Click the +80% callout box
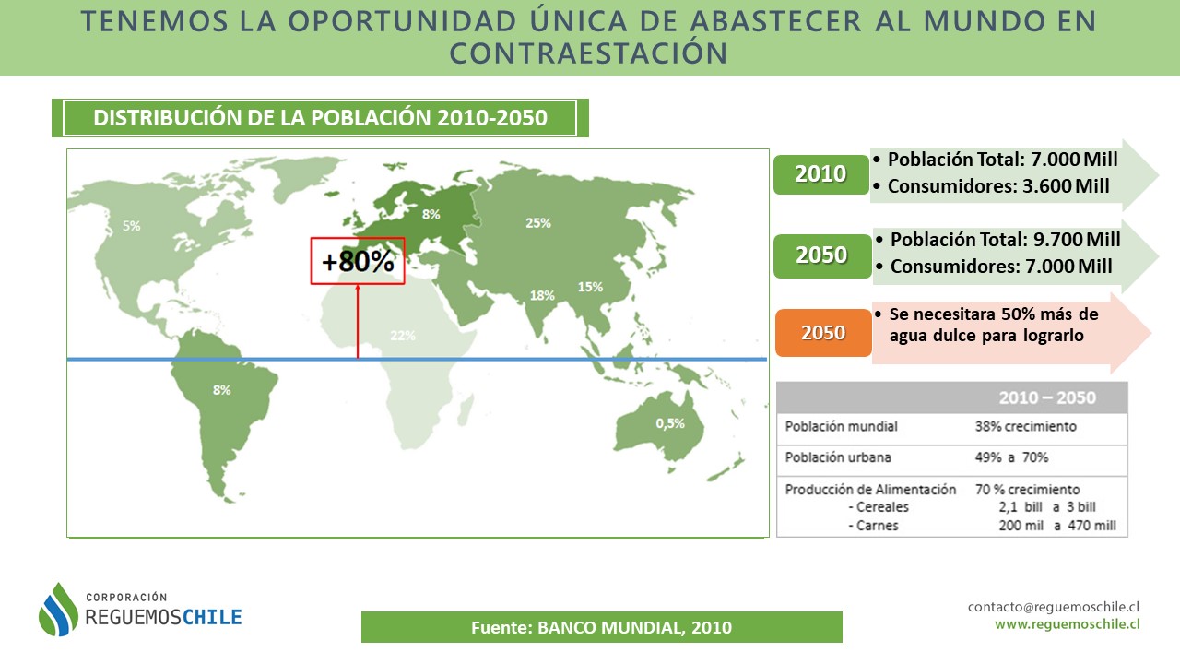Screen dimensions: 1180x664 point(358,261)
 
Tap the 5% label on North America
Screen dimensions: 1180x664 point(132,226)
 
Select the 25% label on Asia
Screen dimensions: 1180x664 point(538,223)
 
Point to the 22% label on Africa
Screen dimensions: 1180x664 point(403,336)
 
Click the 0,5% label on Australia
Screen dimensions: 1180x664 point(670,423)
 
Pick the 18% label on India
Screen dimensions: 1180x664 point(542,296)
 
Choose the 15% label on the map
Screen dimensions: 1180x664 point(590,287)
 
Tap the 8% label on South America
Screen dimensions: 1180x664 point(222,390)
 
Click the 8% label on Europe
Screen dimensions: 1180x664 point(431,215)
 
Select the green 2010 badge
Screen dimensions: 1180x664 point(820,174)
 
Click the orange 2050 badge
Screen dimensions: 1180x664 point(823,333)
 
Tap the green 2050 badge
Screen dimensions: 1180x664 point(821,255)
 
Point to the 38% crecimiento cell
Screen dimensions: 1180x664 point(1025,426)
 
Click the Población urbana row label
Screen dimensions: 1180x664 point(838,456)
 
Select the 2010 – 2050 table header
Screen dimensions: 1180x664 point(1047,397)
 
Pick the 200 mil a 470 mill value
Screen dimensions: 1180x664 point(1057,526)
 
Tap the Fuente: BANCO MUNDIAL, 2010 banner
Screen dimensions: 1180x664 point(602,627)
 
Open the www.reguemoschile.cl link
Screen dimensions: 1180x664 point(1068,624)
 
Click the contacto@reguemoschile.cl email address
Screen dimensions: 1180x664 point(1054,607)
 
